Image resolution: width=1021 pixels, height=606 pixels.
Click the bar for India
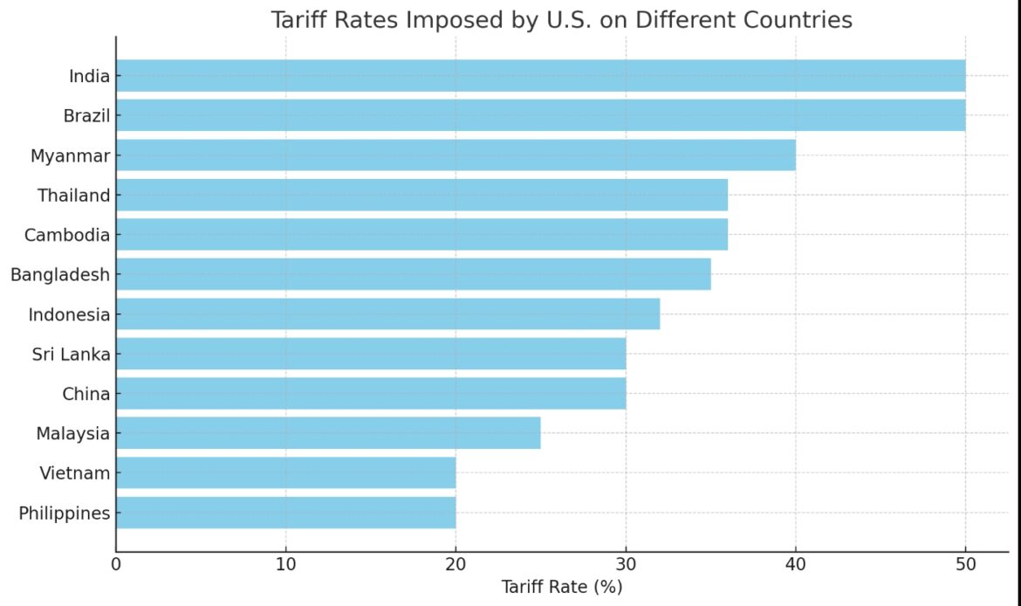coord(540,76)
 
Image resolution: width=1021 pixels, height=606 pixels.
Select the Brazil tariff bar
coord(540,115)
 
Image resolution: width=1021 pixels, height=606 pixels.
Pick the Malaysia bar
coord(328,433)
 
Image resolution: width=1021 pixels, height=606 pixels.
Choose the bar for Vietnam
coord(285,473)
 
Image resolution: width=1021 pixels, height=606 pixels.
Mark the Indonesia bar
coord(387,314)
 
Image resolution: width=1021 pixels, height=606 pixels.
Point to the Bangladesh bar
coord(413,274)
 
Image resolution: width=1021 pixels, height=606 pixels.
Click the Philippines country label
coord(65,513)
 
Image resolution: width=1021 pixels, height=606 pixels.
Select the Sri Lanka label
coord(72,355)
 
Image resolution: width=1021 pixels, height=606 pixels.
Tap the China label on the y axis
coord(86,394)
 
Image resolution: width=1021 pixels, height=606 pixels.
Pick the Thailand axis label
coord(74,196)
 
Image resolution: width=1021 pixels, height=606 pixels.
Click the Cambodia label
coord(67,235)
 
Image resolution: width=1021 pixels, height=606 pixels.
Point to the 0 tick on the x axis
coord(116,565)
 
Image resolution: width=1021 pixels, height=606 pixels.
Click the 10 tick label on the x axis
coord(285,565)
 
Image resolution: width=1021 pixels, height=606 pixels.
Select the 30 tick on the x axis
coord(625,565)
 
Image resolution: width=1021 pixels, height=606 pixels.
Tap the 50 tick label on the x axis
coord(964,565)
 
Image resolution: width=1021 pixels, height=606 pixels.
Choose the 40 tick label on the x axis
coord(795,565)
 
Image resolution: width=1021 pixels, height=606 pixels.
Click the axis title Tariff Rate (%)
coord(561,588)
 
